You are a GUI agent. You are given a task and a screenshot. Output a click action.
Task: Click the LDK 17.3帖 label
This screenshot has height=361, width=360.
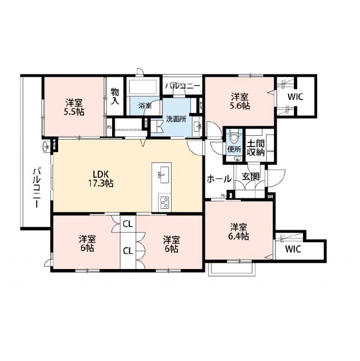pos(100,178)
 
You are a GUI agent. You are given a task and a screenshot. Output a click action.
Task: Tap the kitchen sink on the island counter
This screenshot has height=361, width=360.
pos(163,175)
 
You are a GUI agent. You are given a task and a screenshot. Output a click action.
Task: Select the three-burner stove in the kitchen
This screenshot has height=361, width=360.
pos(164,202)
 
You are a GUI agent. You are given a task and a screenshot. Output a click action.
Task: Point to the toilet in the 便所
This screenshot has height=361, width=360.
pos(235,137)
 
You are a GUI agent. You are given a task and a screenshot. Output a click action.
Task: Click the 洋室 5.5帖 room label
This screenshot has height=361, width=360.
pos(75,107)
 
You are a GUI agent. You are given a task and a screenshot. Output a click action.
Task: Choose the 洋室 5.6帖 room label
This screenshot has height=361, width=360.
pos(240,101)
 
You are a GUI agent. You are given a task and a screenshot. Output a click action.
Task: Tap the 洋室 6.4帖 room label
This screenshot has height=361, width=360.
pos(239,232)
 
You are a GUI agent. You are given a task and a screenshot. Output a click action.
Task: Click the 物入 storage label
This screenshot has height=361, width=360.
pos(115,96)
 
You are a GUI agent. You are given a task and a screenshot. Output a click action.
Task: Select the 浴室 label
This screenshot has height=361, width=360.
pos(145,106)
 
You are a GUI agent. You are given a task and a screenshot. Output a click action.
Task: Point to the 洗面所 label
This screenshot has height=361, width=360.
pos(176,119)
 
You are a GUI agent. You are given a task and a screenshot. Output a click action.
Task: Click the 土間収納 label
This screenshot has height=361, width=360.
pos(256,148)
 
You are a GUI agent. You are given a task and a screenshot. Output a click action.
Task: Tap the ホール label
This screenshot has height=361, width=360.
pos(219,179)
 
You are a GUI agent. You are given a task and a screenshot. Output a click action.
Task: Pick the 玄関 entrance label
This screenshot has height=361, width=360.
pos(251,177)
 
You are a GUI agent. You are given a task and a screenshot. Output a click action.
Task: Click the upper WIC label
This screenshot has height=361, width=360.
pos(295,97)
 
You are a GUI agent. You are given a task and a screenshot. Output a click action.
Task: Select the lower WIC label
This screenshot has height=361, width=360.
pos(293,249)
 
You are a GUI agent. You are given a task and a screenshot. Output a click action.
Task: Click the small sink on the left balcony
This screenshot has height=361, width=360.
pos(46,146)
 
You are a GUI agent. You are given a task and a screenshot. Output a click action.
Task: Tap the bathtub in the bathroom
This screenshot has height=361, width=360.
pos(142,87)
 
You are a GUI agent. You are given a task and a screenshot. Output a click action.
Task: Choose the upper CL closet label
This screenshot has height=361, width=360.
pos(128,224)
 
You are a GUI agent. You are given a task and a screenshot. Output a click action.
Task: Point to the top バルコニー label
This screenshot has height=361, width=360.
pos(183,86)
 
